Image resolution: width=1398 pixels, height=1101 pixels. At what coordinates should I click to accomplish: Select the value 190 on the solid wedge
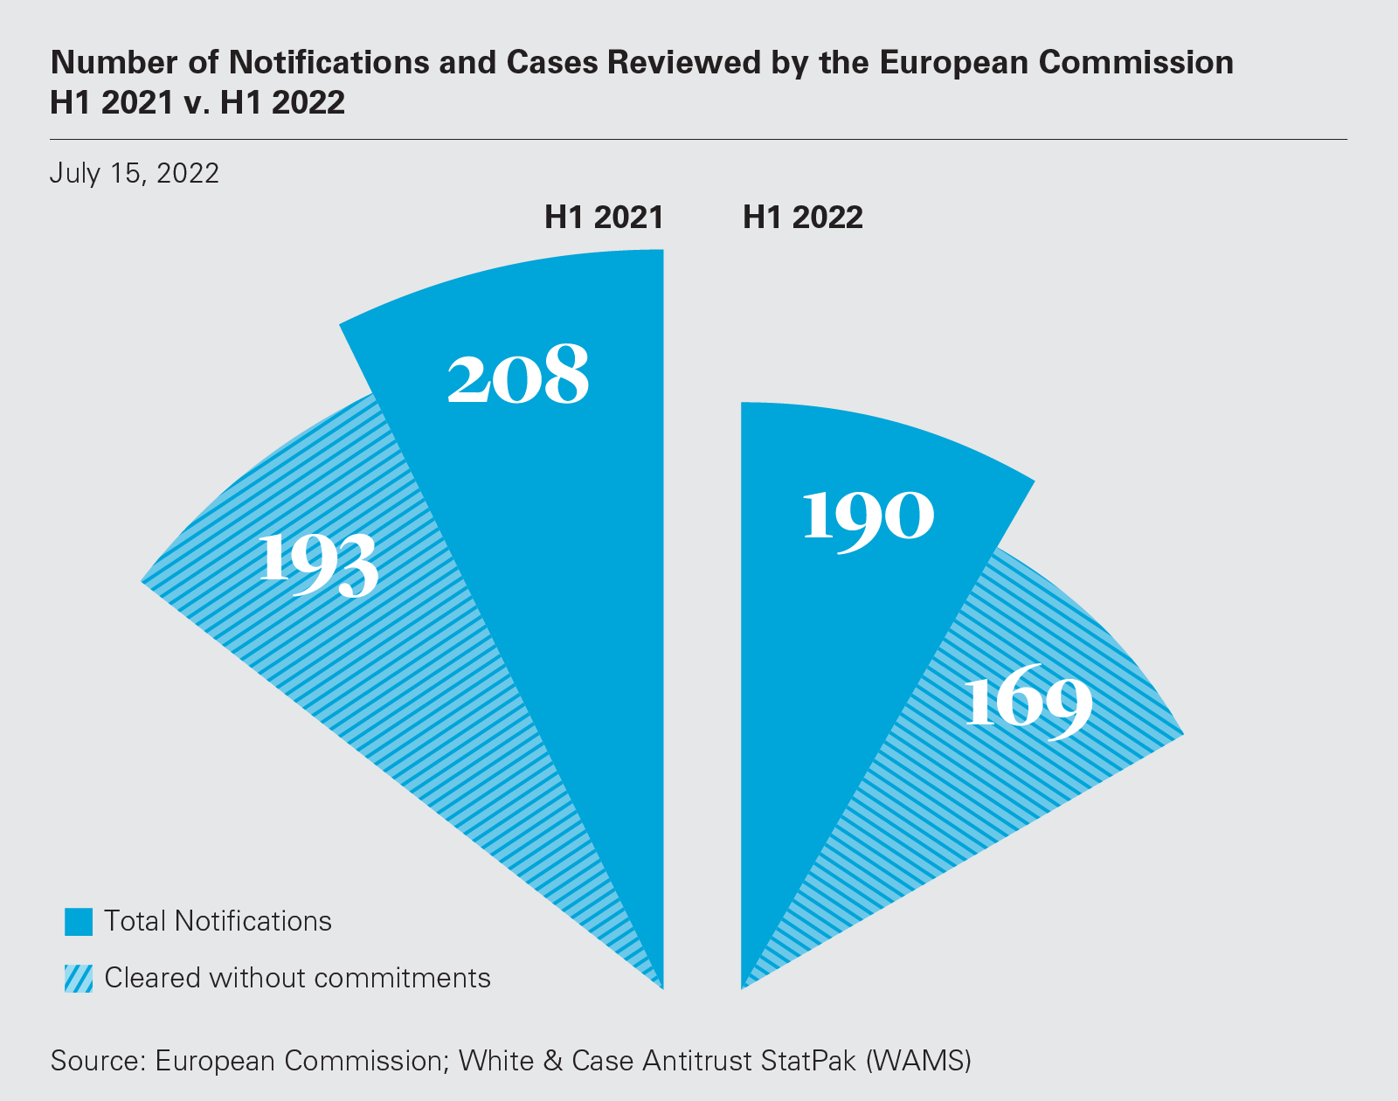[868, 516]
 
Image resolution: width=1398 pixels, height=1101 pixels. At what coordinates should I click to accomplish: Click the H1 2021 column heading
[604, 217]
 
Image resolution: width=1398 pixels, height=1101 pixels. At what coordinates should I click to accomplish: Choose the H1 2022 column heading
[802, 217]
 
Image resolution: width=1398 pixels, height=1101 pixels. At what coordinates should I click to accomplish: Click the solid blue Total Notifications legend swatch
[79, 922]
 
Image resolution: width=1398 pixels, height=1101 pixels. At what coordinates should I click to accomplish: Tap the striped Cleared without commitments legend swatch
[79, 978]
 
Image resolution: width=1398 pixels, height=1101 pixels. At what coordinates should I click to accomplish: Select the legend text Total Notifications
[218, 921]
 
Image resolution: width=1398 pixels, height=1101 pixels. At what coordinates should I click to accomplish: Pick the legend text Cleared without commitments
[297, 977]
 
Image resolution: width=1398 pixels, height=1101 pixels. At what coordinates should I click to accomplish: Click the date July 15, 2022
[135, 173]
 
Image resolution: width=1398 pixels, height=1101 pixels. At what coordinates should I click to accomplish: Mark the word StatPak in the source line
[809, 1060]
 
